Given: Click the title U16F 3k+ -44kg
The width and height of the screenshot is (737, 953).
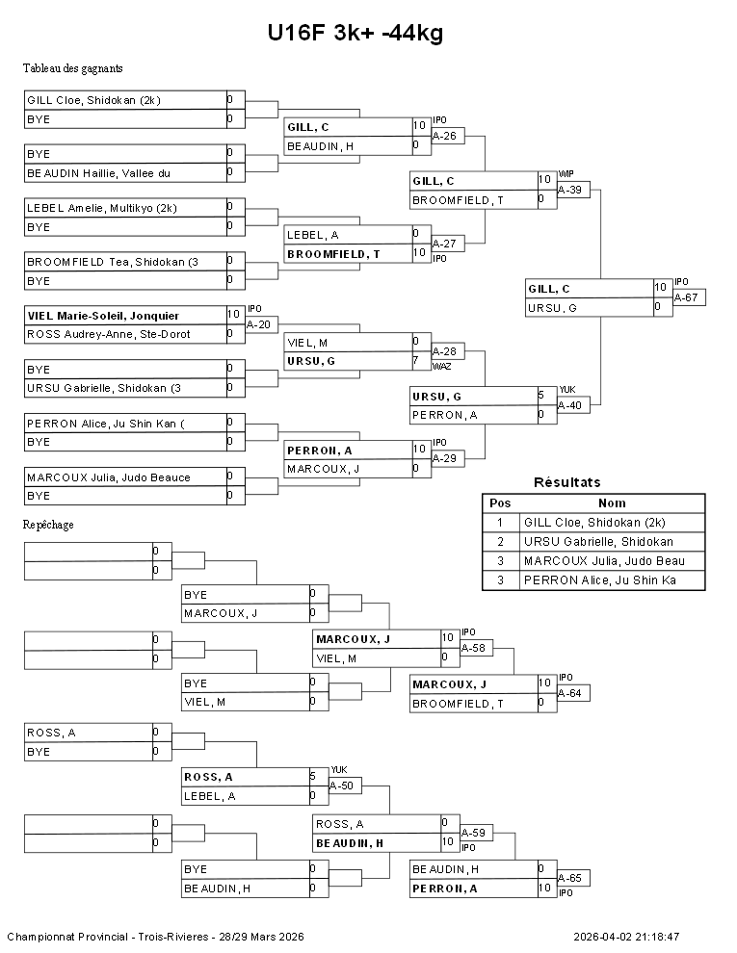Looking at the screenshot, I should coord(355,34).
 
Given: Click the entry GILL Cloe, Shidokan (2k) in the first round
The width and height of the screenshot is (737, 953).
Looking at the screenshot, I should coord(93,100).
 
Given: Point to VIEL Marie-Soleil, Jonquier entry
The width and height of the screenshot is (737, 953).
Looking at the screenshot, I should coord(103,316).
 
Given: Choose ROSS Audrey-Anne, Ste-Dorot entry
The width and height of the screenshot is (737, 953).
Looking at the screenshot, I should coord(108,334).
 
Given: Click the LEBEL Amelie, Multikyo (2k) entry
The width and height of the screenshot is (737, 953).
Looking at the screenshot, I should coord(101,208).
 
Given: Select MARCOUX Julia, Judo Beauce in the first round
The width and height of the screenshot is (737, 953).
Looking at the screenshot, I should coord(108,477).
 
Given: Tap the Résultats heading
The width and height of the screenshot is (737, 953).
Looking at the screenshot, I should coord(566,482).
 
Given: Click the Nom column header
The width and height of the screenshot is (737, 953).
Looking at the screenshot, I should coord(612,502).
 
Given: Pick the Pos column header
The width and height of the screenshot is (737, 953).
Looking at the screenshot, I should coord(500,502).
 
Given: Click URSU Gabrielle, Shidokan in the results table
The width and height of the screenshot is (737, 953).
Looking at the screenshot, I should coord(598,542).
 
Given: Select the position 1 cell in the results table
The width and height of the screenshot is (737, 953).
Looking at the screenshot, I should coord(500,523).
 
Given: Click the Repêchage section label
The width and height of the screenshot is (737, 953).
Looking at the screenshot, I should coord(48,525).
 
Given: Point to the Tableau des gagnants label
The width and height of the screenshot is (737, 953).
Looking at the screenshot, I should coord(72,68).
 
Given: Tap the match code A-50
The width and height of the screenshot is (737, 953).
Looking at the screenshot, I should coord(341,786).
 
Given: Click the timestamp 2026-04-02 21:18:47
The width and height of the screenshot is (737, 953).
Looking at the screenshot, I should coord(626,937).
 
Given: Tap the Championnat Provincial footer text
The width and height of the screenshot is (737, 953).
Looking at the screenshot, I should coord(155,937).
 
